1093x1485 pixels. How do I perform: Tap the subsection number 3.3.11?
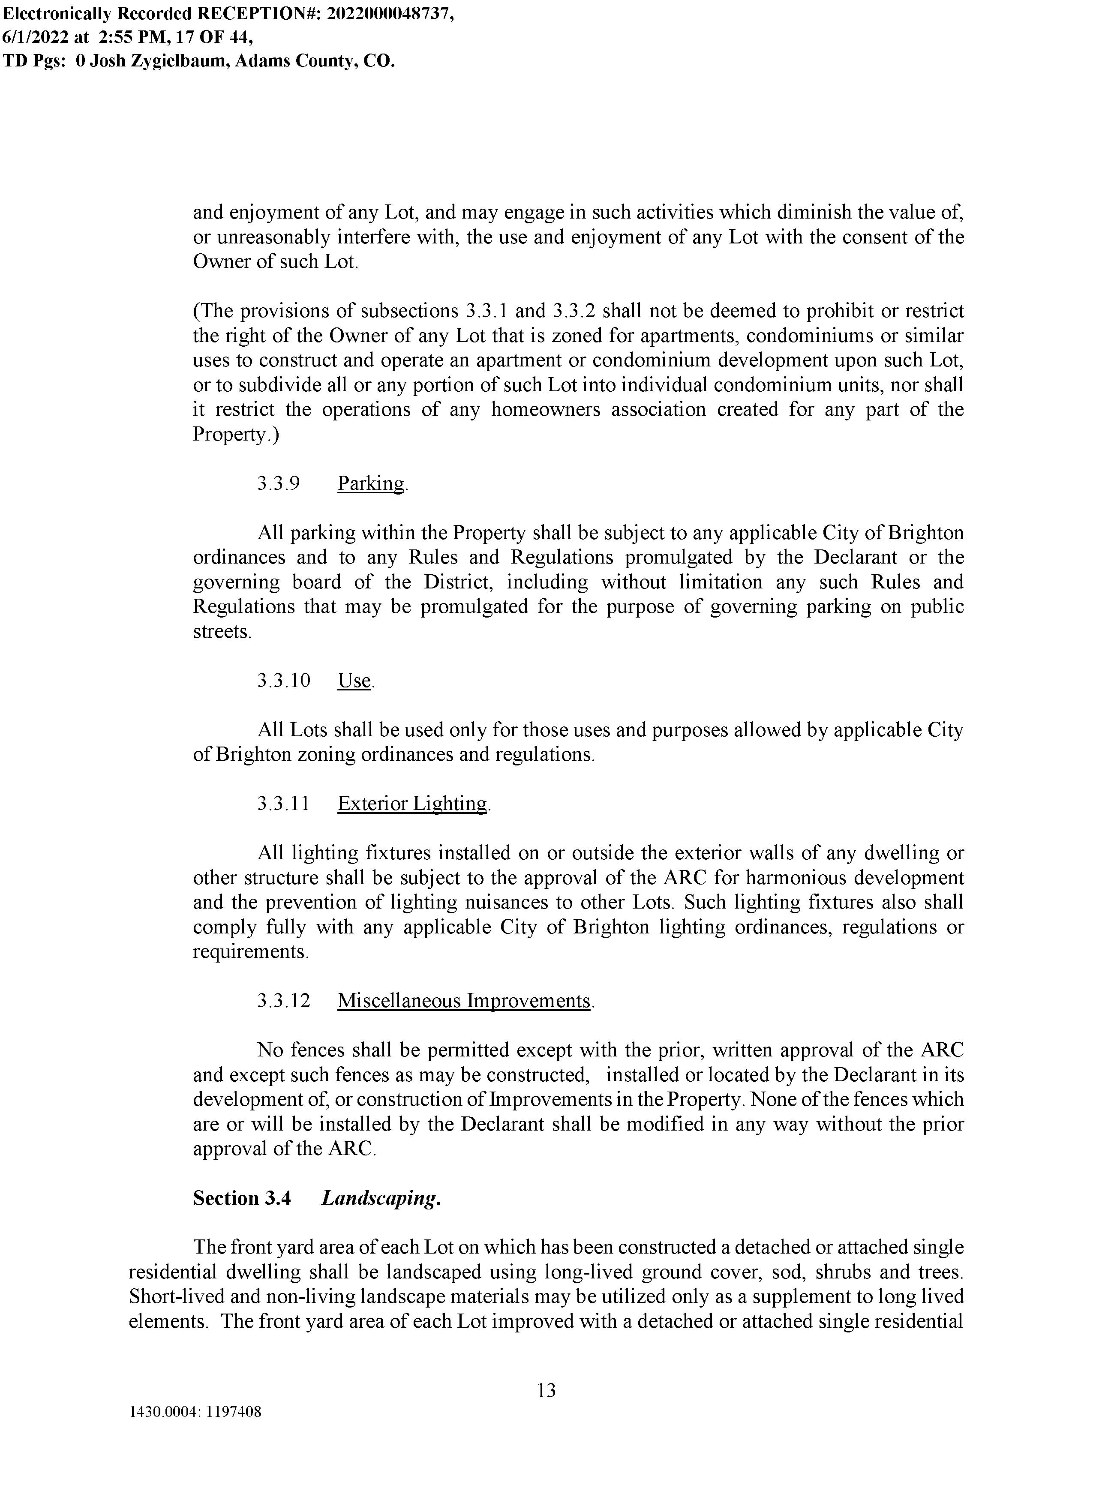283,804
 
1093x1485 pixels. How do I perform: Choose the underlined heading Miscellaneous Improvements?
464,1001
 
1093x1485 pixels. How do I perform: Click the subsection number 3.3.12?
283,1001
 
